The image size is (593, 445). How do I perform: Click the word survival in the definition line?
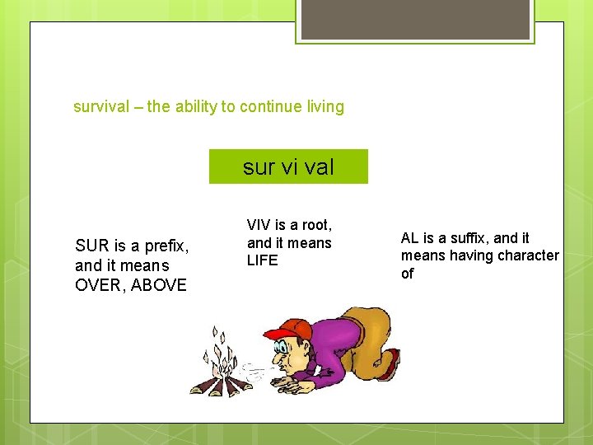click(101, 107)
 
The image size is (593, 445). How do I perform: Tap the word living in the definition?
click(323, 107)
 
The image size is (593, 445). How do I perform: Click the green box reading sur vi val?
click(288, 166)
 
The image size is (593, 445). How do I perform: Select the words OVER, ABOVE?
click(131, 285)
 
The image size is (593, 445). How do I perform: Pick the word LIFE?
click(263, 260)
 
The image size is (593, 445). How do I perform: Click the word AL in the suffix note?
click(410, 238)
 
